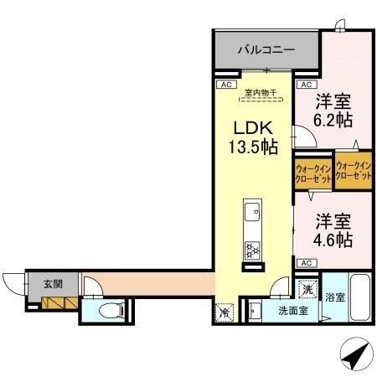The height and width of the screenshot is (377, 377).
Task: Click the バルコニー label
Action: tap(266, 50)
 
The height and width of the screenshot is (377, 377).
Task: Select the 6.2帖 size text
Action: tap(333, 120)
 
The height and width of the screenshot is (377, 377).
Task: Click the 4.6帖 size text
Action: tap(333, 240)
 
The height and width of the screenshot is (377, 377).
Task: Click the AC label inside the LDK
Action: tap(225, 85)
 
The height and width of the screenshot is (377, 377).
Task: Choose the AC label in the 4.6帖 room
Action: tap(307, 263)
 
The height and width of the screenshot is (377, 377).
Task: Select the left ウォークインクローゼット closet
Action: tap(312, 173)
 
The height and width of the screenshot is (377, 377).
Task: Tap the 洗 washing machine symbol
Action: tap(307, 290)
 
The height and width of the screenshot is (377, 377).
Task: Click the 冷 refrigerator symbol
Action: tap(225, 312)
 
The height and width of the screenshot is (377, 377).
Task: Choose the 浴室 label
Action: tap(334, 297)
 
